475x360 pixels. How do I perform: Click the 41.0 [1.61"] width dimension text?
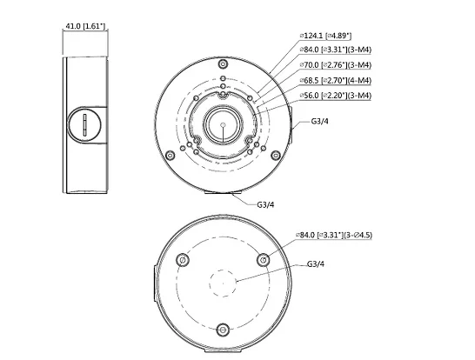coord(84,28)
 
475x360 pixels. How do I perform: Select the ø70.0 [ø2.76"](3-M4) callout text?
coord(335,64)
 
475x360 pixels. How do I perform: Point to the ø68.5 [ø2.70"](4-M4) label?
coord(335,79)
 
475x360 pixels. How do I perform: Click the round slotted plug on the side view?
coord(84,125)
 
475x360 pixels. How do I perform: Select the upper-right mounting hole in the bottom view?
coord(264,259)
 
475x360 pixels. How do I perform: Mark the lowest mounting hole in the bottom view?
coord(223,330)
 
